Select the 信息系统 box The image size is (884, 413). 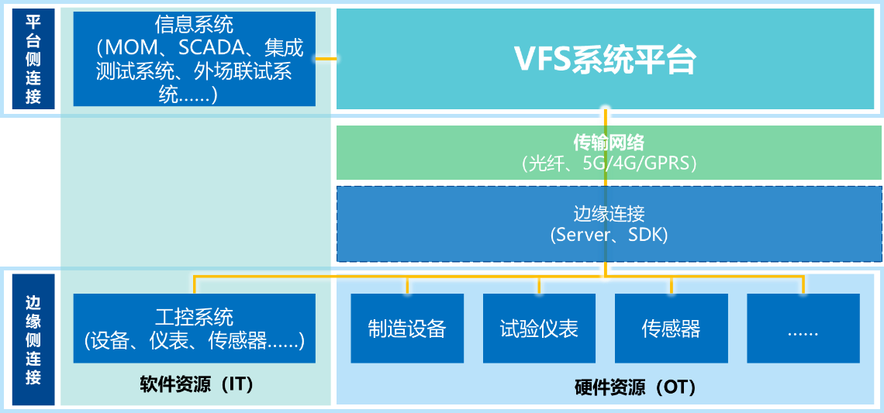tap(195, 59)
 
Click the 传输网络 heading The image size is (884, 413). tap(608, 143)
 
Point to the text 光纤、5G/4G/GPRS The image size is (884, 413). tap(609, 163)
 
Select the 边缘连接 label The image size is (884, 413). tap(609, 214)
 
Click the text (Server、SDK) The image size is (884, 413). tap(609, 235)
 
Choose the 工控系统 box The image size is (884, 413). tap(195, 328)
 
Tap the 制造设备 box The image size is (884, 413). tap(407, 328)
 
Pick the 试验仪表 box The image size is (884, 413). tap(539, 328)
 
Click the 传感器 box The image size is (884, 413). tap(671, 328)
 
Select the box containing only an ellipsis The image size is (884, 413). tap(803, 328)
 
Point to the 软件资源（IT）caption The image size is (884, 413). tap(196, 385)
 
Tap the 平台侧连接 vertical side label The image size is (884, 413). tap(33, 59)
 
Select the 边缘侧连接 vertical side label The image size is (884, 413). tap(33, 340)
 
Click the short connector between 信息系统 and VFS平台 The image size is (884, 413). tap(326, 58)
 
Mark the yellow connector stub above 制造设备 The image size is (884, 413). tap(407, 285)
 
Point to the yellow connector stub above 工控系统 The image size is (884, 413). tap(195, 285)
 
